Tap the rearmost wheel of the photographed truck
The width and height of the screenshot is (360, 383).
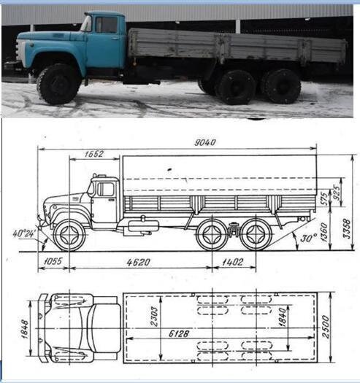pyautogui.click(x=282, y=85)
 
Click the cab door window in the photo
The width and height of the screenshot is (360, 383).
pyautogui.click(x=106, y=25)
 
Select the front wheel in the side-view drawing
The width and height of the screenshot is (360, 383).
pyautogui.click(x=69, y=235)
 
